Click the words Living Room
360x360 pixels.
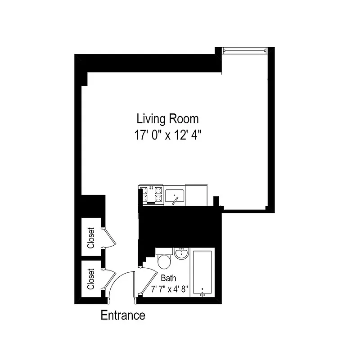167,119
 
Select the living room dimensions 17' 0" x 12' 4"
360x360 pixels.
167,135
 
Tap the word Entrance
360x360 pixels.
123,315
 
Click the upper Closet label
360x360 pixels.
91,238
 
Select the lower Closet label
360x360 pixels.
91,279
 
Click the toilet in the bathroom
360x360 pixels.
164,261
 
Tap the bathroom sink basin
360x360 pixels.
182,254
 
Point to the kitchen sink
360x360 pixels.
175,196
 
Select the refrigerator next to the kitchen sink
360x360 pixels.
197,193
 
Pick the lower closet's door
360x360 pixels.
108,279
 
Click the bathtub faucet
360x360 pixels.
202,293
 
